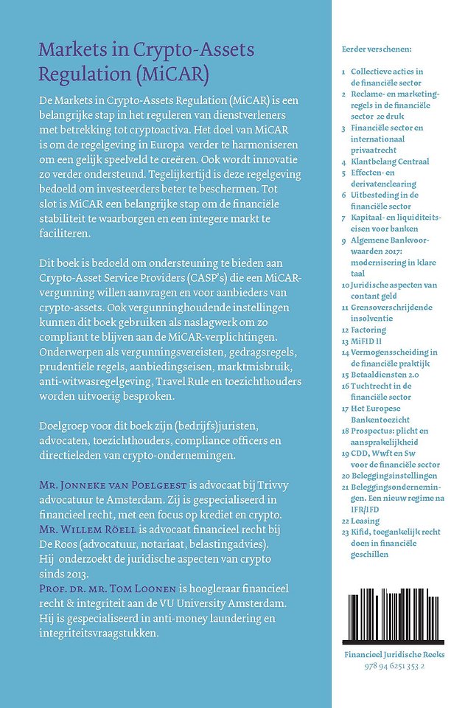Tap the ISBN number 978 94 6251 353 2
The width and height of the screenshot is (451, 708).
point(389,665)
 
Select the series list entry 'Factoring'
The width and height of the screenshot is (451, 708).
point(368,330)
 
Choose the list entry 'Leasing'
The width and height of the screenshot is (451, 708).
point(367,520)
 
